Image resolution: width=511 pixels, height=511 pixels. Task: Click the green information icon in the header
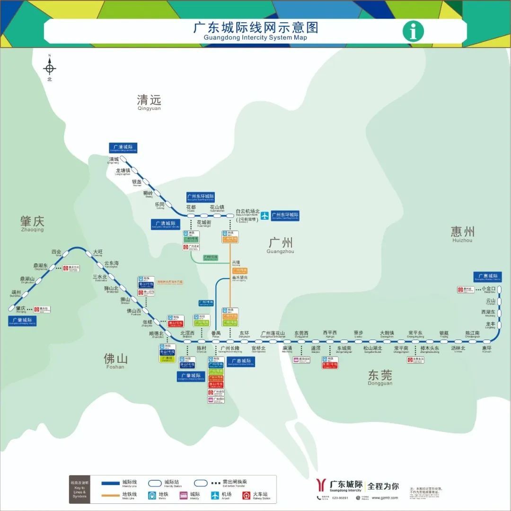(413, 32)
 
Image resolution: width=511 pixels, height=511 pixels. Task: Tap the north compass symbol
(50, 69)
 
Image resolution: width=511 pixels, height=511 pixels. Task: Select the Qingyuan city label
(149, 102)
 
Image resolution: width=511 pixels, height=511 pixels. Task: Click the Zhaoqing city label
(32, 223)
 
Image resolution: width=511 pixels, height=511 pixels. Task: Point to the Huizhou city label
(462, 233)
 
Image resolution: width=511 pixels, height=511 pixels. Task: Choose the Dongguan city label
(380, 377)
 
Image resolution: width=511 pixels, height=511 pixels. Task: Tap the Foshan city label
(115, 361)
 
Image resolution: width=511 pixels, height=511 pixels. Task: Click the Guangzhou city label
(280, 245)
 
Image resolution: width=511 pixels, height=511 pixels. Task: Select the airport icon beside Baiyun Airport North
(265, 216)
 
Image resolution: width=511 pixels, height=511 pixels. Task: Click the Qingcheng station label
(114, 160)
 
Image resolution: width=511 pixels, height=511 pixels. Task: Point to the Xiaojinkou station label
(488, 289)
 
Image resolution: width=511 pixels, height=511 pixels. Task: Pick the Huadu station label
(191, 208)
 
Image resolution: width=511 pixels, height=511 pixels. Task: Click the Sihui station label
(56, 252)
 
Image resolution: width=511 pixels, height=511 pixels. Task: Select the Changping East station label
(415, 334)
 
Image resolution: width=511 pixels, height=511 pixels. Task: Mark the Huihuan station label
(486, 350)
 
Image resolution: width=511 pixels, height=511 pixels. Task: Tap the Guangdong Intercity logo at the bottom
(340, 486)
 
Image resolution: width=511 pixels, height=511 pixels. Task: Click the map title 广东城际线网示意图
(255, 28)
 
